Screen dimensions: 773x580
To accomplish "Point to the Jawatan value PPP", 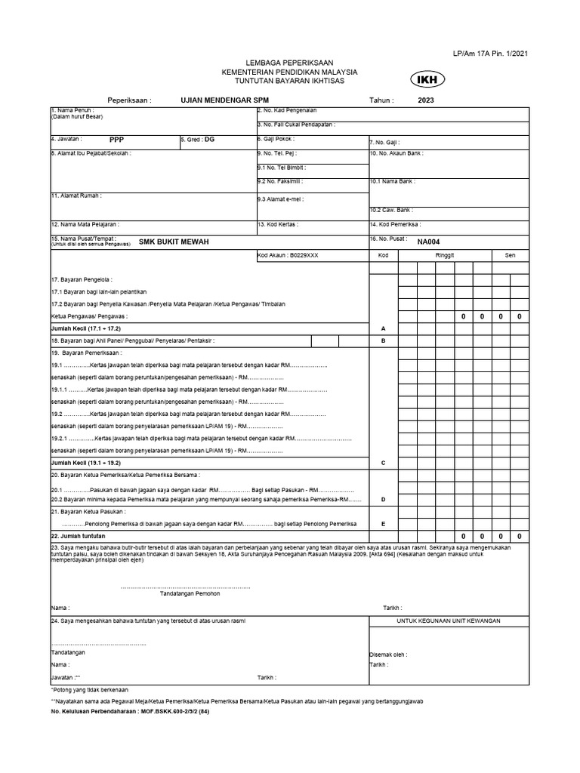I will (116, 140).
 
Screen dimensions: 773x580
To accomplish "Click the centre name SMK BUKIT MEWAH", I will (174, 241).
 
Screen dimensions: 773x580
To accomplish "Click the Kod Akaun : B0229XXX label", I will (288, 256).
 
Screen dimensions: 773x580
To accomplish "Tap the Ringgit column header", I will (445, 256).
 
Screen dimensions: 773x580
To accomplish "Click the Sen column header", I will (510, 256).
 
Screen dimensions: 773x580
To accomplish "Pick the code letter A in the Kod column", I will (384, 329).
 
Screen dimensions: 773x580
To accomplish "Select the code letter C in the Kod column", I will (384, 462).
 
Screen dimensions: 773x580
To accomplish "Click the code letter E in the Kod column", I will (384, 524).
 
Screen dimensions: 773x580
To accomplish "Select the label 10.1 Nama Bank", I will (392, 181).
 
